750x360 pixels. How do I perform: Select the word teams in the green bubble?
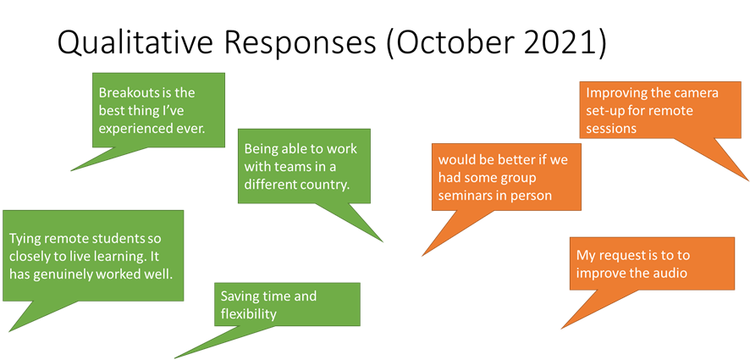click(290, 166)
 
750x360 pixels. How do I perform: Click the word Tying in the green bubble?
click(25, 240)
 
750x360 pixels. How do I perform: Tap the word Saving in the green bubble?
click(240, 296)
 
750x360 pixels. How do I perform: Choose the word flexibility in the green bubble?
click(249, 314)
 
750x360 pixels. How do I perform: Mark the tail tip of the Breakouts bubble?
click(70, 171)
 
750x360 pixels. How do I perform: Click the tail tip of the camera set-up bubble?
click(748, 180)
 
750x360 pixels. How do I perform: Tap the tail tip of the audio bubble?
click(560, 329)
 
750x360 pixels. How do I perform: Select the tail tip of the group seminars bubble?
click(422, 256)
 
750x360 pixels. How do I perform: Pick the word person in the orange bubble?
click(532, 196)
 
